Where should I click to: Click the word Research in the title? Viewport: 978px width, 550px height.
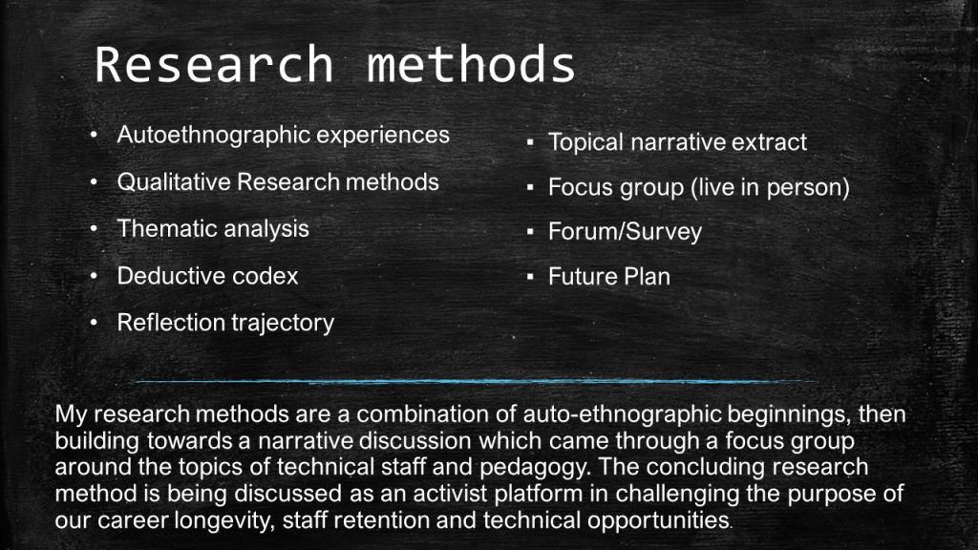pos(214,64)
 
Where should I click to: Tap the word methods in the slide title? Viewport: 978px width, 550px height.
pos(471,64)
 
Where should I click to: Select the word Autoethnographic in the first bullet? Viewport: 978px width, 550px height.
pos(212,136)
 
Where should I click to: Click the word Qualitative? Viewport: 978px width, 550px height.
pos(174,182)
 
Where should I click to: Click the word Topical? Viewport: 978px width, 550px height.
pos(585,143)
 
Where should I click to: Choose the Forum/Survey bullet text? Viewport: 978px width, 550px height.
pos(625,232)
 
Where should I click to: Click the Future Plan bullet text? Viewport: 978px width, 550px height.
pos(609,276)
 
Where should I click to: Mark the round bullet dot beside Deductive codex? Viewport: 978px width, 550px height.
pos(94,276)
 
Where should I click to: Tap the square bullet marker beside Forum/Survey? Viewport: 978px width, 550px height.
pos(530,232)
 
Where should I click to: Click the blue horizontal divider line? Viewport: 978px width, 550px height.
pos(478,380)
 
